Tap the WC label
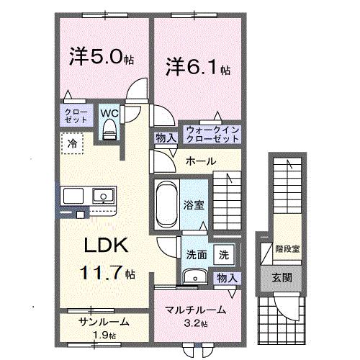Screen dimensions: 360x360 click(x=110, y=114)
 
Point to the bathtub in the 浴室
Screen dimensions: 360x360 click(x=166, y=203)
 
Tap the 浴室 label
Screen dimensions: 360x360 click(x=195, y=204)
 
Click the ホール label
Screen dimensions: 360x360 click(x=201, y=161)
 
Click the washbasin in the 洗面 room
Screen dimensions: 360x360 click(x=192, y=277)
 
